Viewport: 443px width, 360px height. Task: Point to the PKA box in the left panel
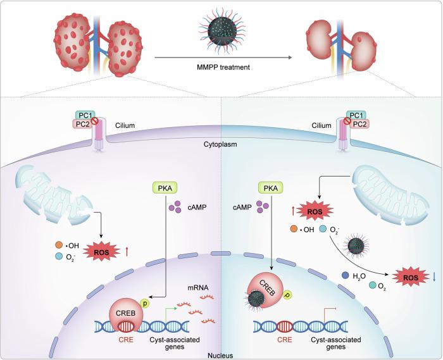pos(162,188)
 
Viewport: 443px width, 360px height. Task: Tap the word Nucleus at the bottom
pos(220,355)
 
